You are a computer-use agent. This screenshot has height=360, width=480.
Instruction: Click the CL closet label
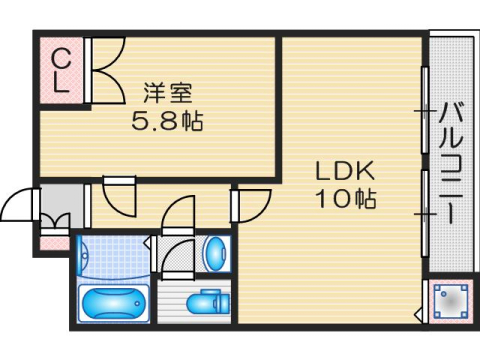point(61,68)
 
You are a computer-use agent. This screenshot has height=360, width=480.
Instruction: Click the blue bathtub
point(113,302)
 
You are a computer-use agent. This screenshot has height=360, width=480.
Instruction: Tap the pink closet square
point(61,68)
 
